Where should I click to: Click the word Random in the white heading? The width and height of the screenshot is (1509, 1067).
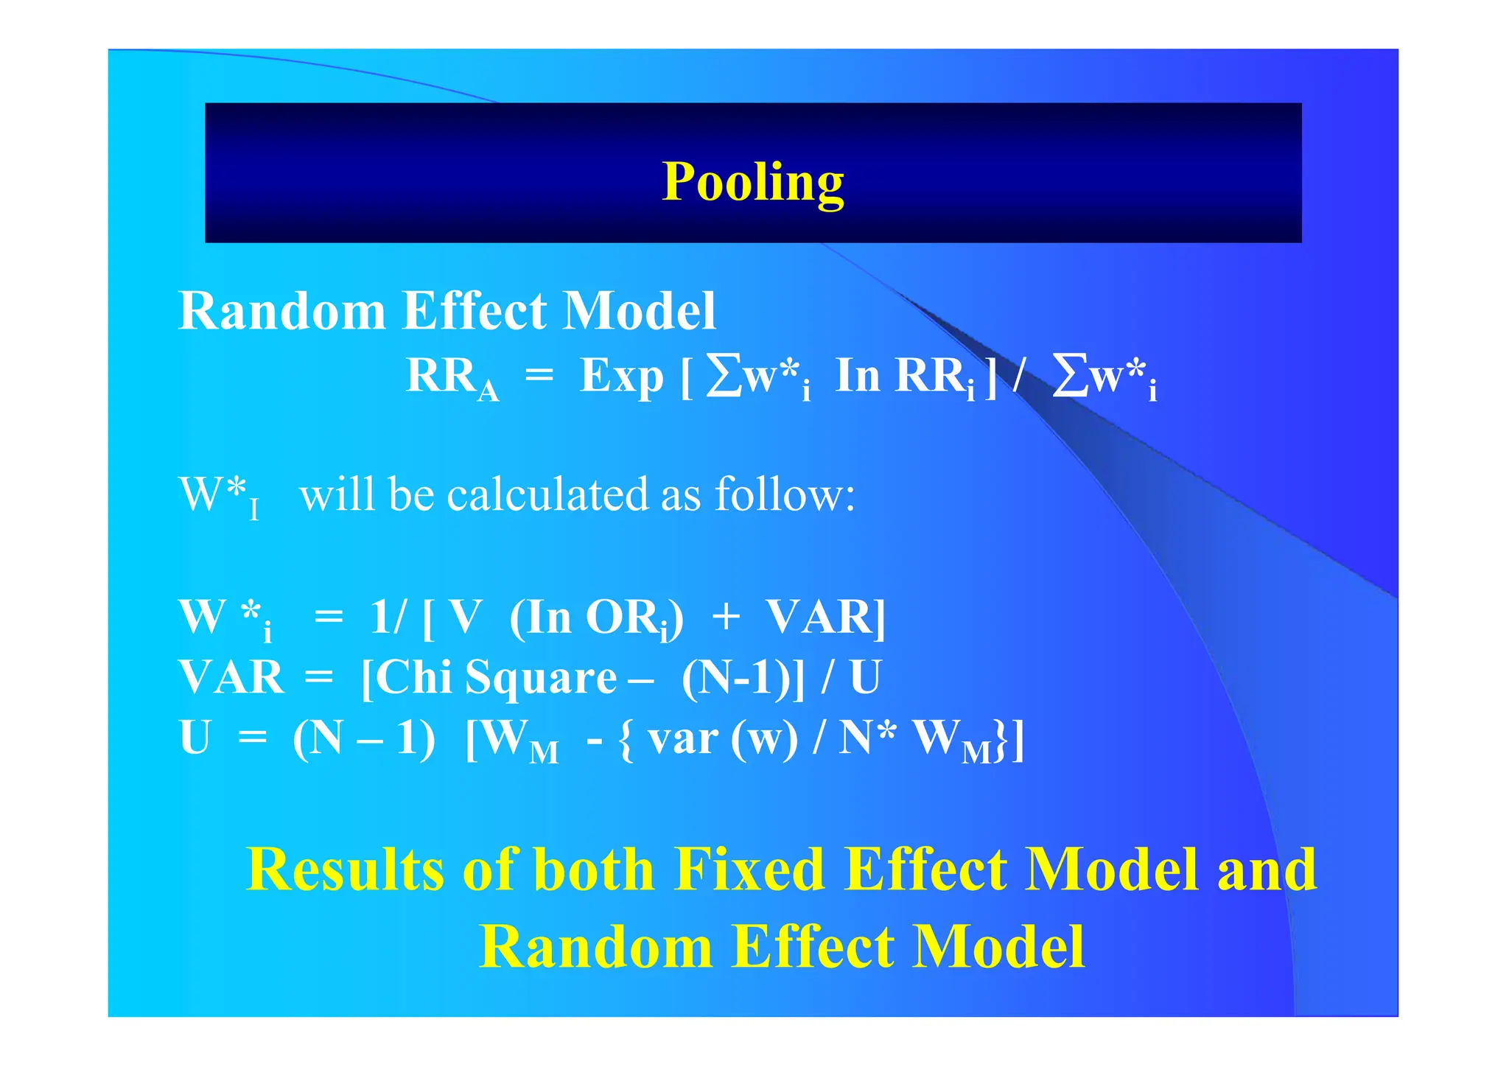(282, 310)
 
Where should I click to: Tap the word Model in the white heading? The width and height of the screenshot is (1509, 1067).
(639, 310)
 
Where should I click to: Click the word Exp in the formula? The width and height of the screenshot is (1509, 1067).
(621, 377)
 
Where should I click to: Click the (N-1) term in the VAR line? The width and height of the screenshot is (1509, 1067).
(736, 676)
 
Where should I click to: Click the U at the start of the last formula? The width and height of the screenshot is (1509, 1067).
(195, 738)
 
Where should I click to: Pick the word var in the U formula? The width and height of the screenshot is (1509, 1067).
(683, 738)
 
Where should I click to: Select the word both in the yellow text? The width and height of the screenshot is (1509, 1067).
(593, 870)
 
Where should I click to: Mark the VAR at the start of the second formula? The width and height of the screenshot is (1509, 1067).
(231, 676)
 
